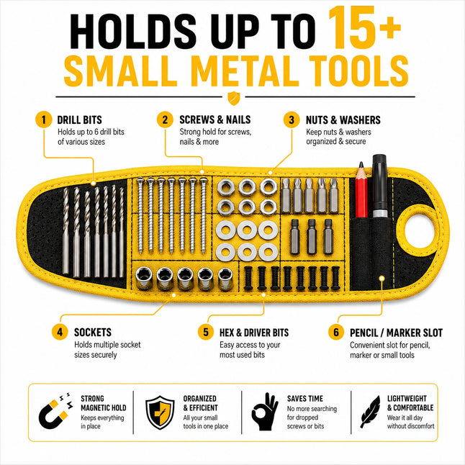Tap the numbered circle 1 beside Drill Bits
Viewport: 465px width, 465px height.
point(44,119)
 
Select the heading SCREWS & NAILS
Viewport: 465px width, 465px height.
point(215,119)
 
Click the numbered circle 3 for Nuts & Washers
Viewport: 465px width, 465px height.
point(292,119)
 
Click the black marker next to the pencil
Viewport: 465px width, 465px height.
point(379,186)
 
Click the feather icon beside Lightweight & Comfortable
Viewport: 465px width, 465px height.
point(370,412)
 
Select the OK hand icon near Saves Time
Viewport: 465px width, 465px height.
point(264,412)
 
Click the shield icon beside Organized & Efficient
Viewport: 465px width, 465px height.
point(160,412)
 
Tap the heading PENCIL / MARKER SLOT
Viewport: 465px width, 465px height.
point(396,333)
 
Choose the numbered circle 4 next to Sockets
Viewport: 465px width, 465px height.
point(60,332)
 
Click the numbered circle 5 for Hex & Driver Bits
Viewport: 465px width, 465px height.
point(206,332)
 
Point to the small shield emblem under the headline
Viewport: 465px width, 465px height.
point(233,98)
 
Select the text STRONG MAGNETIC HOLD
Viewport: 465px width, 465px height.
point(103,403)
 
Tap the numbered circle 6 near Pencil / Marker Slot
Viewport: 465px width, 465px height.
point(336,332)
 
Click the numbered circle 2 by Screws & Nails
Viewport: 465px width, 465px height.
point(165,119)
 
